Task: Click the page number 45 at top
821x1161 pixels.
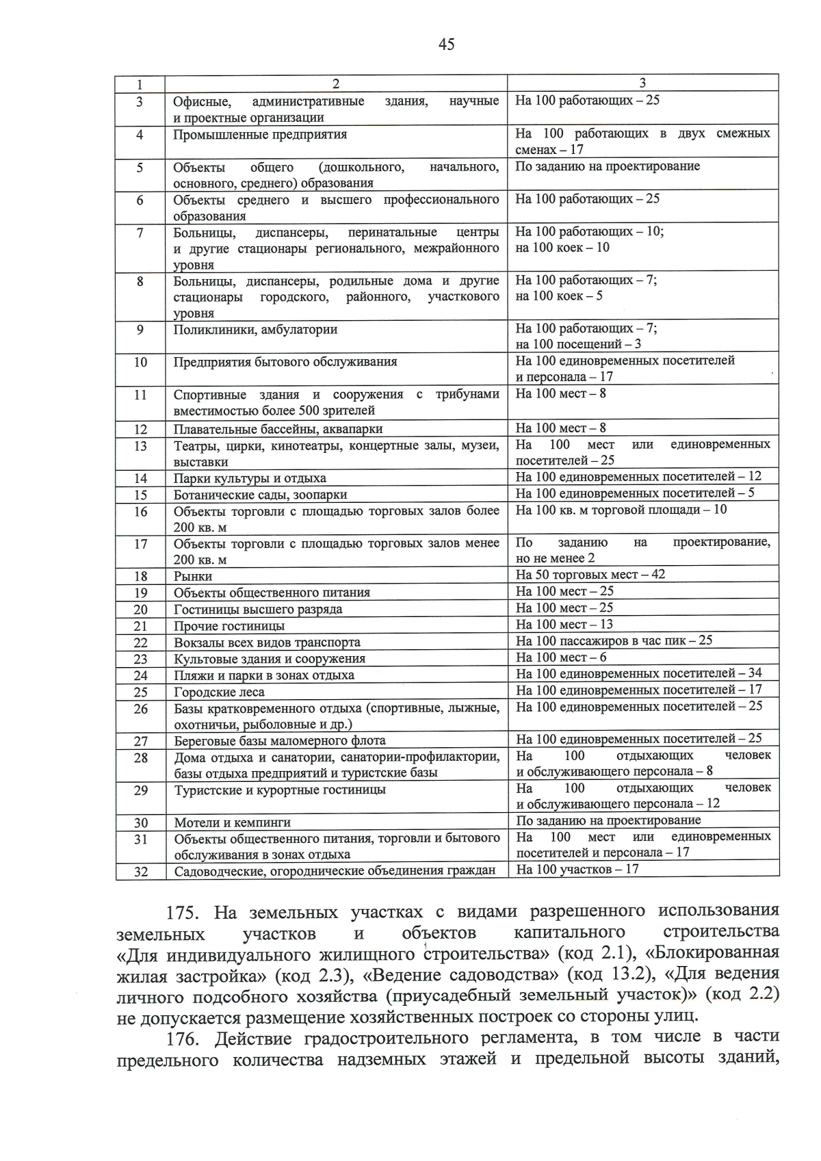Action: click(x=445, y=45)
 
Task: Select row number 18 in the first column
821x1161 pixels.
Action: click(x=140, y=576)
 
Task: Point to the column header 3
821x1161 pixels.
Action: click(x=642, y=83)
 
